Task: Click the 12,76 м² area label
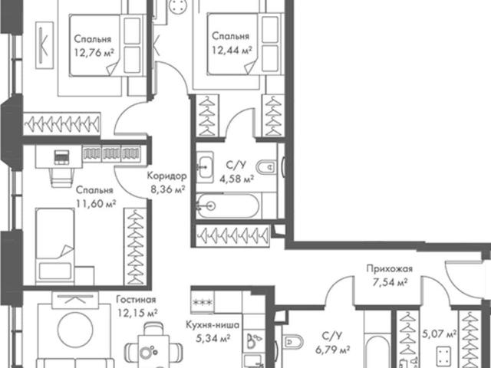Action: point(94,52)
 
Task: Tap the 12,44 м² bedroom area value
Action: point(232,49)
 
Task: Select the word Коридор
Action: point(167,176)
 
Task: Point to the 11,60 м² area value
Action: point(96,203)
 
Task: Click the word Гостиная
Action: point(136,300)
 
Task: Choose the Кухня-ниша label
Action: point(213,324)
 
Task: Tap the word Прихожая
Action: point(390,268)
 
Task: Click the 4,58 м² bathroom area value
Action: point(236,179)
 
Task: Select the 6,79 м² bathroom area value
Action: point(333,350)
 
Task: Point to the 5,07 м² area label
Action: point(439,334)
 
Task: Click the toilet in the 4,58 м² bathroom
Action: point(266,167)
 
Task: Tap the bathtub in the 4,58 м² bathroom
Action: point(228,205)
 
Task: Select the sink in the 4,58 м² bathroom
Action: point(205,167)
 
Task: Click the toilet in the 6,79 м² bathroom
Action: point(293,342)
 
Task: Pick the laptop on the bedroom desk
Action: point(61,156)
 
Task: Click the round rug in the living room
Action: point(75,329)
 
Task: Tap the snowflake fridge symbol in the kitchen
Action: point(203,302)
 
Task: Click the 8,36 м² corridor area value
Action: point(167,189)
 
